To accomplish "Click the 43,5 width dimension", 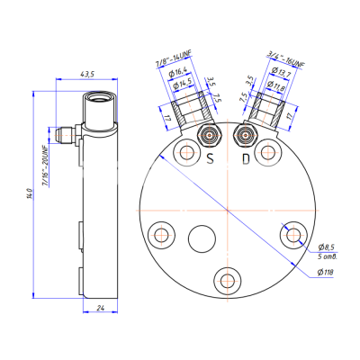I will click(87, 71).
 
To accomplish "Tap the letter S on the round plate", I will click(209, 158).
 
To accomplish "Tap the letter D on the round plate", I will click(246, 158).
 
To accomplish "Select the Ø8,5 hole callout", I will click(326, 247).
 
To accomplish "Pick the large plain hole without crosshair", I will click(202, 241).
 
